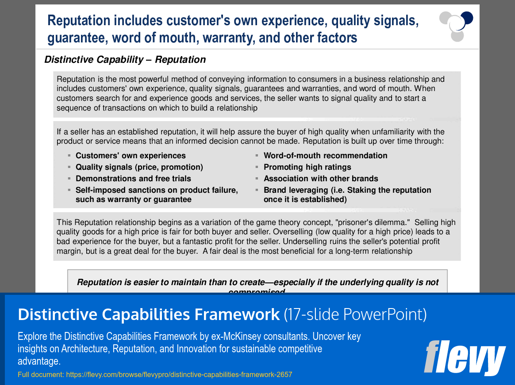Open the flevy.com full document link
[179, 375]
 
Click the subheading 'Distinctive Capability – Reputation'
[125, 60]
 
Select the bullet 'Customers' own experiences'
[131, 156]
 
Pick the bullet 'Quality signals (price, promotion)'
[139, 167]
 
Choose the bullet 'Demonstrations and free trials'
[133, 179]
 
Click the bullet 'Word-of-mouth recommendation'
[325, 156]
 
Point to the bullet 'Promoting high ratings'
[307, 167]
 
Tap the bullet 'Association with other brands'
[321, 179]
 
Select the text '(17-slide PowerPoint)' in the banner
[355, 314]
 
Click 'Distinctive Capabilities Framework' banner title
[149, 314]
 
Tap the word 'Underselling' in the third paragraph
[305, 242]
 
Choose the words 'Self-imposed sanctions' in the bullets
[114, 190]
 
